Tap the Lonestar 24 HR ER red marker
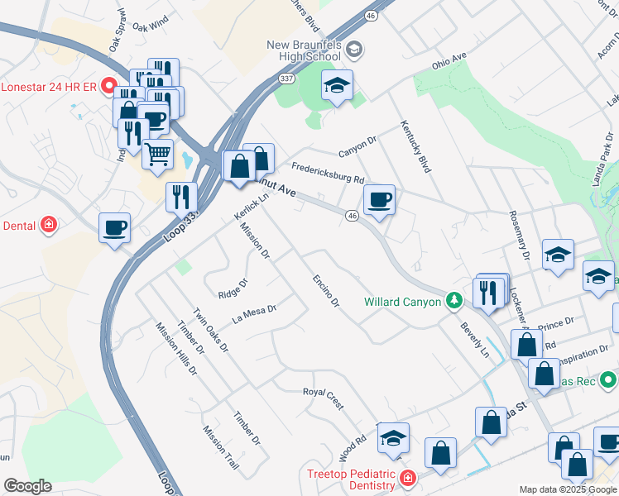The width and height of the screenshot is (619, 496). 108,86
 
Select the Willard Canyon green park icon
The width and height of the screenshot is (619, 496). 453,302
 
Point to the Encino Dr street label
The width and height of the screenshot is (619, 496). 325,291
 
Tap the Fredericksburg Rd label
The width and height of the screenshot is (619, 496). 327,172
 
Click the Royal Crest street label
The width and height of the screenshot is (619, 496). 323,398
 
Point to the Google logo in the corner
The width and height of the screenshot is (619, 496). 27,486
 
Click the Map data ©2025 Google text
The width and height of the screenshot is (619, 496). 568,489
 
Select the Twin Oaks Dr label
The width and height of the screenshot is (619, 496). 210,331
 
